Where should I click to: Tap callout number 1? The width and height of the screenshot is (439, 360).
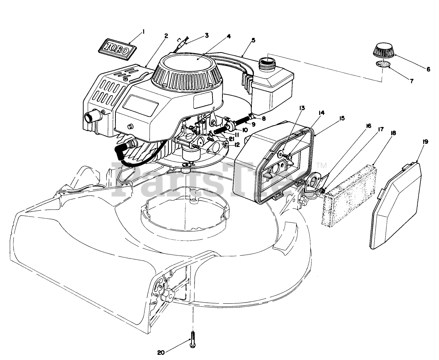click(143, 31)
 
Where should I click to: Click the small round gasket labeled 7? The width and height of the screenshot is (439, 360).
click(383, 64)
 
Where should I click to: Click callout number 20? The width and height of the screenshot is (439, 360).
click(161, 353)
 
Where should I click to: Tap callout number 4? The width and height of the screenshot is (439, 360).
click(229, 36)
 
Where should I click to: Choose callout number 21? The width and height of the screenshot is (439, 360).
click(231, 139)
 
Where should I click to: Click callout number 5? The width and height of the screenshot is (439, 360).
click(254, 39)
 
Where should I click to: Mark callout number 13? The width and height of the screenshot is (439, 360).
click(302, 108)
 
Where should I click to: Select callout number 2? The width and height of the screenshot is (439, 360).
click(166, 36)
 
